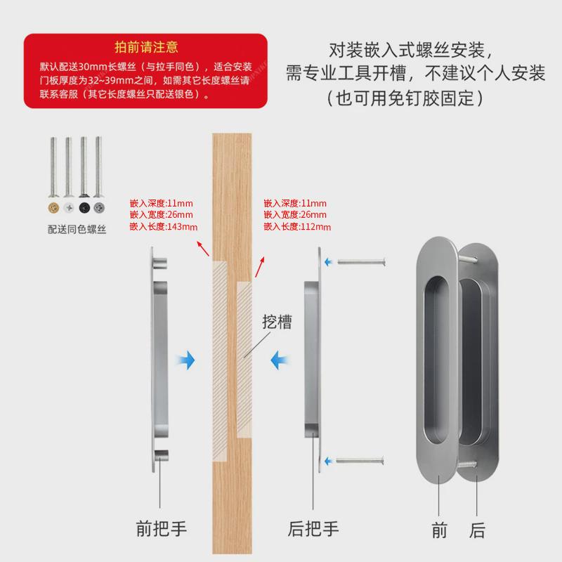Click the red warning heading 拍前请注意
tap(146, 48)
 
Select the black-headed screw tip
tap(84, 209)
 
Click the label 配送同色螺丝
tap(77, 229)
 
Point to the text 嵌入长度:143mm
tap(164, 226)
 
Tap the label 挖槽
tap(277, 322)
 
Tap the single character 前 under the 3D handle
tap(440, 530)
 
